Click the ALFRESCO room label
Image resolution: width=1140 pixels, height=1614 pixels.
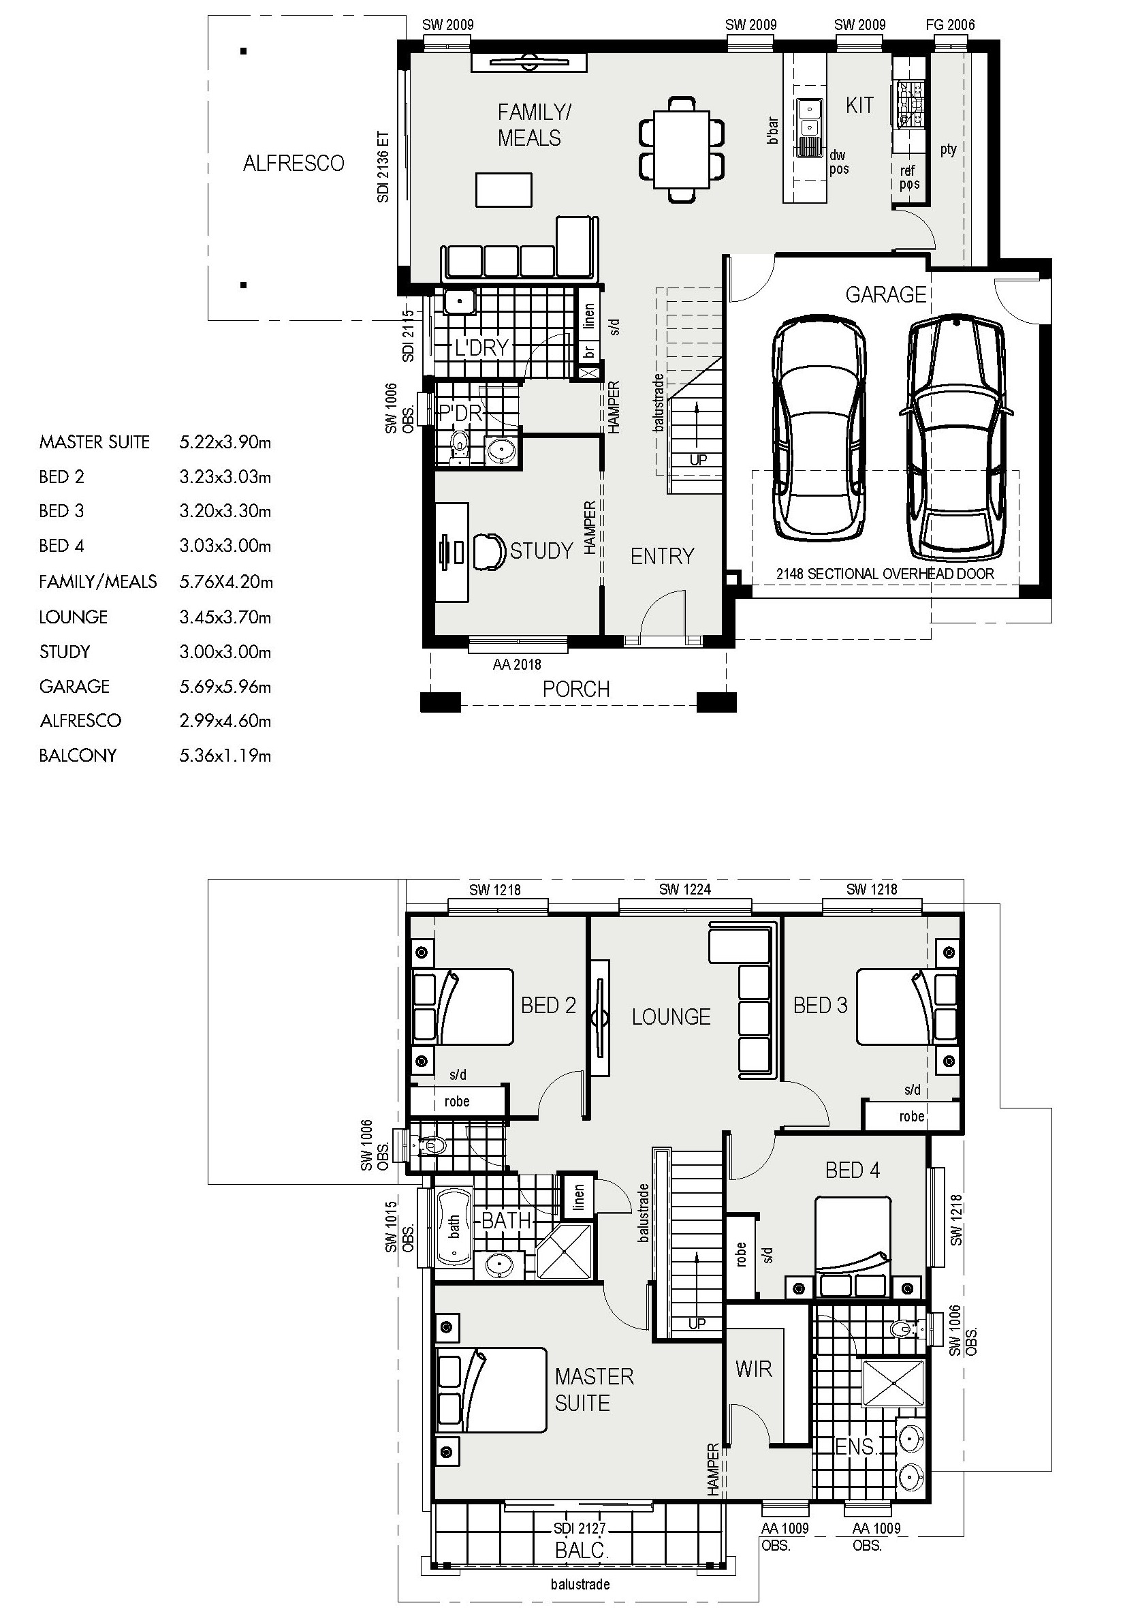coord(294,163)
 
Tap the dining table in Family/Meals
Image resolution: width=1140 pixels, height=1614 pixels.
coord(682,150)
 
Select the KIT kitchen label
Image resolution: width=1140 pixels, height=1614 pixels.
coord(859,106)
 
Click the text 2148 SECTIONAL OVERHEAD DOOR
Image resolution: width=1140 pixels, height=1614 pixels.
coord(885,574)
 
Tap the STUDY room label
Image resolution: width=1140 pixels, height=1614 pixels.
coord(541,550)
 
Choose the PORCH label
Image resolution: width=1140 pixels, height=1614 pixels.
coord(576,689)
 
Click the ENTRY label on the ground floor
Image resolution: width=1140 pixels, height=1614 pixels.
coord(662,557)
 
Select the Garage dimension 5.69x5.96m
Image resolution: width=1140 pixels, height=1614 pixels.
coord(225,686)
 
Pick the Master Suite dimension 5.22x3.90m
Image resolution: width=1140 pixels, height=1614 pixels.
coord(225,442)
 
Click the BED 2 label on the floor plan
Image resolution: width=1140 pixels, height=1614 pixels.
coord(548,1005)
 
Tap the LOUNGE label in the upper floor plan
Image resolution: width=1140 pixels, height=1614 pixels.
coord(671,1016)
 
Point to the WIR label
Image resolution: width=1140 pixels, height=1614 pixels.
coord(753,1369)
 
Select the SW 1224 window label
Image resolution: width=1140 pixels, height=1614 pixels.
coord(684,889)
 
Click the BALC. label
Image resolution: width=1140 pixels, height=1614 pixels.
coord(582,1550)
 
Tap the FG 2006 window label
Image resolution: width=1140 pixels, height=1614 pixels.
coord(950,25)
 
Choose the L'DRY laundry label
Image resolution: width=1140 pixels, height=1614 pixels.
coord(481,347)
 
